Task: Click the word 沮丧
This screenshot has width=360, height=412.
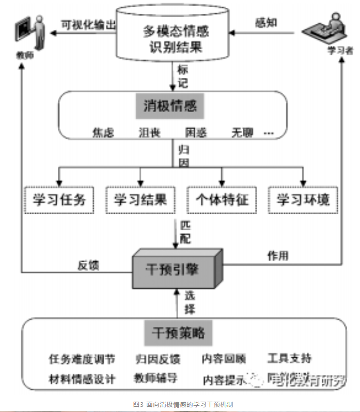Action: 149,133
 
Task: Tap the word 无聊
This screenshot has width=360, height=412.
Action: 242,133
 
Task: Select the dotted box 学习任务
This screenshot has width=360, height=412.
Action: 59,199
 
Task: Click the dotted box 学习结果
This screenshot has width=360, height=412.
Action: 140,199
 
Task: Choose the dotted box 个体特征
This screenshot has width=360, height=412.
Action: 222,199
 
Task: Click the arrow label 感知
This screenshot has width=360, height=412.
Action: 265,23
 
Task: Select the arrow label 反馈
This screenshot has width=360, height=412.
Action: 88,265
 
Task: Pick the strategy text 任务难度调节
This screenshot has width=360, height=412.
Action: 82,359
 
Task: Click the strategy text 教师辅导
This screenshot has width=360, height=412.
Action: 155,378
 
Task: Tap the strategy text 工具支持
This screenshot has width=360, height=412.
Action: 289,358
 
